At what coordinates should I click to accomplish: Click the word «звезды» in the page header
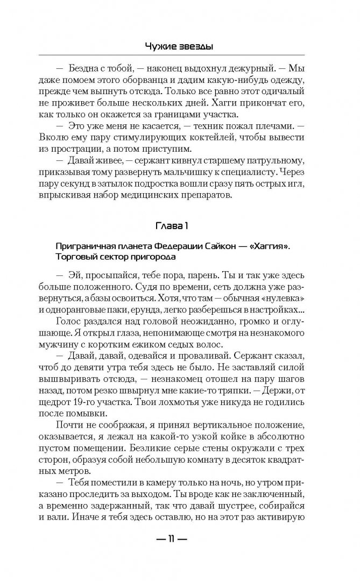coord(196,47)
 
